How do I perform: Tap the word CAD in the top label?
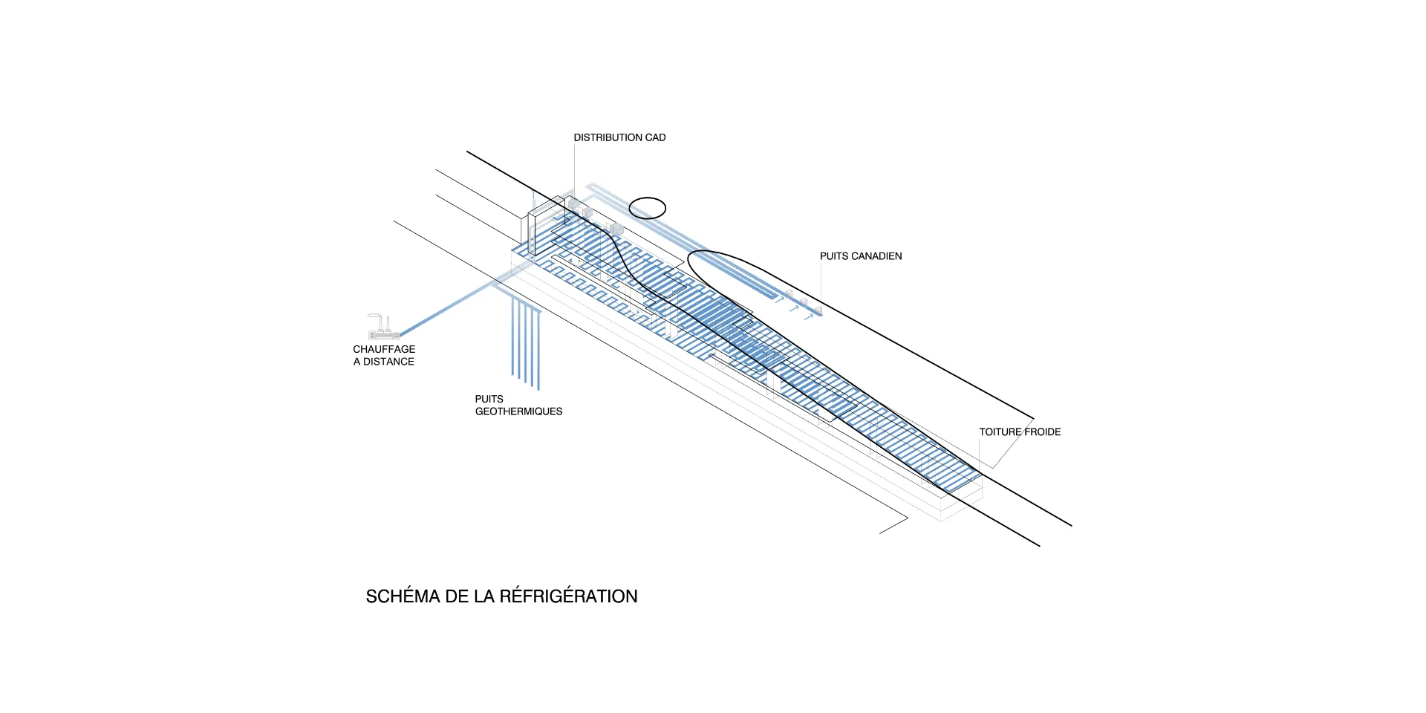click(655, 137)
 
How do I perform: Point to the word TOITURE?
click(1000, 432)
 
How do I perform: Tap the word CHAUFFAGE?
click(384, 349)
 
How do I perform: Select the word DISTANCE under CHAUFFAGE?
click(388, 362)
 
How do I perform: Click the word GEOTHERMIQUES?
click(518, 411)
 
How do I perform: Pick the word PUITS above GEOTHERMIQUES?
click(489, 399)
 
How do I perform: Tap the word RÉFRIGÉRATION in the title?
click(568, 596)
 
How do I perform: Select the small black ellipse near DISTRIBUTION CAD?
click(648, 208)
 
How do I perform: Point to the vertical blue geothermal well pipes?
click(525, 342)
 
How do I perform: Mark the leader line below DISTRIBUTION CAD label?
click(574, 171)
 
